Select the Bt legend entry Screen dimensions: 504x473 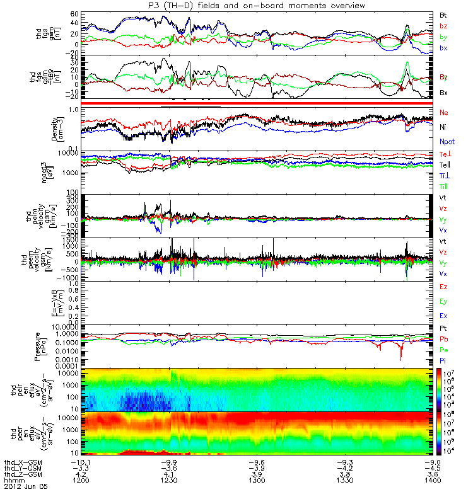(443, 14)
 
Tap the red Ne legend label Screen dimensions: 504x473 (444, 112)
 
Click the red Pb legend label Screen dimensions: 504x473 (444, 340)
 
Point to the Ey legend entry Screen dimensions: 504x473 (444, 301)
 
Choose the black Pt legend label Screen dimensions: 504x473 (443, 329)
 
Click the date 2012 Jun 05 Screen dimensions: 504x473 (25, 487)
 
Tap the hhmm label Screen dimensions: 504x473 (14, 480)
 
